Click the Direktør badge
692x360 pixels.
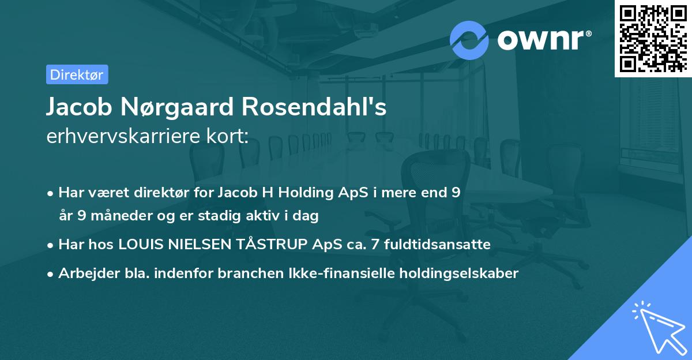pyautogui.click(x=77, y=74)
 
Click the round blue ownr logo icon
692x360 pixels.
pyautogui.click(x=469, y=40)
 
